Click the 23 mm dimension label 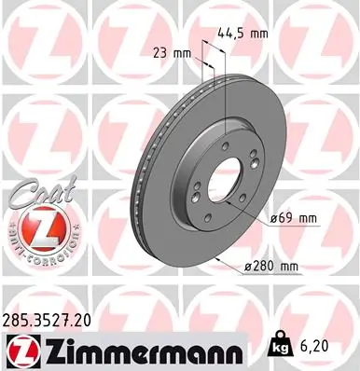pyautogui.click(x=171, y=53)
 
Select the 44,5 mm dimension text pyautogui.click(x=244, y=33)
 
